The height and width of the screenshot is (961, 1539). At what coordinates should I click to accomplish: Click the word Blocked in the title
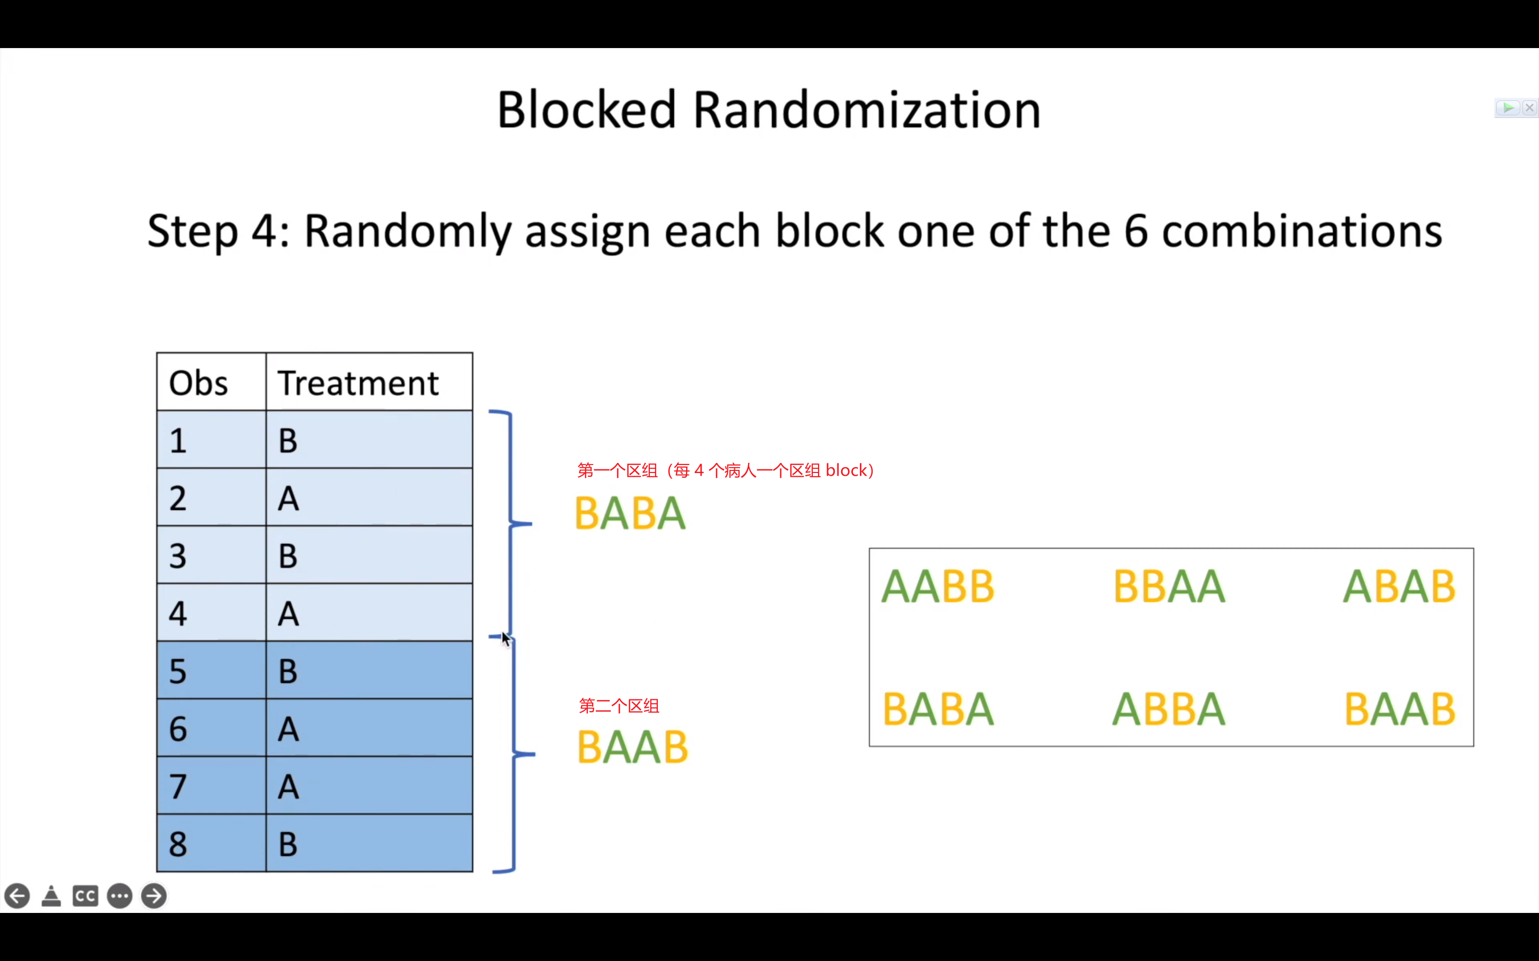(586, 110)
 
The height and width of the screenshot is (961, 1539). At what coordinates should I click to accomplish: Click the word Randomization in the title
(866, 110)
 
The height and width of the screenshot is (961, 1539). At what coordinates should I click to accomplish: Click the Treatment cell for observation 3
(369, 555)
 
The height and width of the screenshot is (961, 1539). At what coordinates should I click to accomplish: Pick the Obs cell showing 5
(211, 671)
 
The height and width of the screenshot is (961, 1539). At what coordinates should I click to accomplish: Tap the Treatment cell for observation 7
(369, 787)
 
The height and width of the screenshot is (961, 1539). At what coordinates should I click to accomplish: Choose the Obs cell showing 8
(211, 844)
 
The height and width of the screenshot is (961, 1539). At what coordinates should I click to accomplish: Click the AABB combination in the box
(937, 587)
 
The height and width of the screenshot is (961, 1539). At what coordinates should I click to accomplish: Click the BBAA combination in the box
(1169, 587)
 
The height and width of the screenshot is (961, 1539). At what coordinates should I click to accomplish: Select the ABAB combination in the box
(1399, 587)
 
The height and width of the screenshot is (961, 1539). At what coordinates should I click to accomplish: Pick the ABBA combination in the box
(1169, 710)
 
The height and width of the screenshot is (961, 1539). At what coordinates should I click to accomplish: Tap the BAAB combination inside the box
(1399, 710)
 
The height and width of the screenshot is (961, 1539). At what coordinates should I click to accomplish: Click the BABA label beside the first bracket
(629, 514)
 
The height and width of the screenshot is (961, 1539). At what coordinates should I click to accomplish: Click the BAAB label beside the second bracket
(632, 747)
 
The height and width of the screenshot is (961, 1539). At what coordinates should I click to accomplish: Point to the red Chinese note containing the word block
(725, 471)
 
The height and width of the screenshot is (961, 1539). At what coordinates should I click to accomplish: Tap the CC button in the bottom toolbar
(85, 896)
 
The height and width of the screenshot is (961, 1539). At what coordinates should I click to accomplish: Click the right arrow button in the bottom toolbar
(154, 896)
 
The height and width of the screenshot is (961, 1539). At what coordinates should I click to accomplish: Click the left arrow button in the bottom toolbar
(17, 896)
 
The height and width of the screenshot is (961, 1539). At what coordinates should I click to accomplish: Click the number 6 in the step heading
(1136, 231)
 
